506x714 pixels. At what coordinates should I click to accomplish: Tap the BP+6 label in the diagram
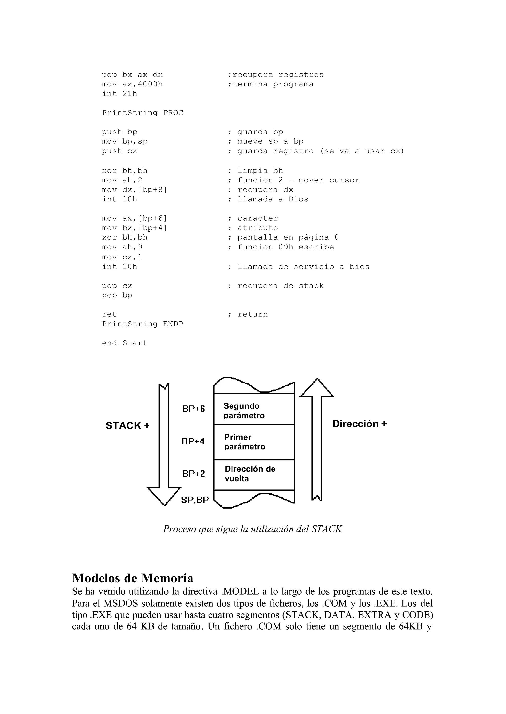coord(193,409)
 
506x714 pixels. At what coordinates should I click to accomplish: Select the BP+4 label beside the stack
coord(193,441)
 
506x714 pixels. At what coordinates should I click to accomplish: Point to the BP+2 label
coord(193,474)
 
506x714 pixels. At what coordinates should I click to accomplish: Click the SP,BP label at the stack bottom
coord(195,500)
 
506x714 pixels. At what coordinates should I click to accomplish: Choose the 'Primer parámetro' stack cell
coord(254,442)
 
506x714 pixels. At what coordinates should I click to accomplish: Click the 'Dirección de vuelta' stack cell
coord(254,474)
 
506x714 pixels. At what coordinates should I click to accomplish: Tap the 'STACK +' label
coord(127,425)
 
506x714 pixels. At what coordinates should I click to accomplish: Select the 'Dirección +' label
coord(359,424)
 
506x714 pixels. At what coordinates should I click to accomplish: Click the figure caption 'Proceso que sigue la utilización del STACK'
coord(252,529)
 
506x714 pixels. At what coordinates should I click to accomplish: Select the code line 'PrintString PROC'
coord(142,113)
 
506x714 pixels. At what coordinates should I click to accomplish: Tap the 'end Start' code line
coord(124,343)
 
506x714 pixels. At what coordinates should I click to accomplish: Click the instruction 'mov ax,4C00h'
coord(132,84)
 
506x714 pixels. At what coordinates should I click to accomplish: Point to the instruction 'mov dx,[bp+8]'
coord(134,190)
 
